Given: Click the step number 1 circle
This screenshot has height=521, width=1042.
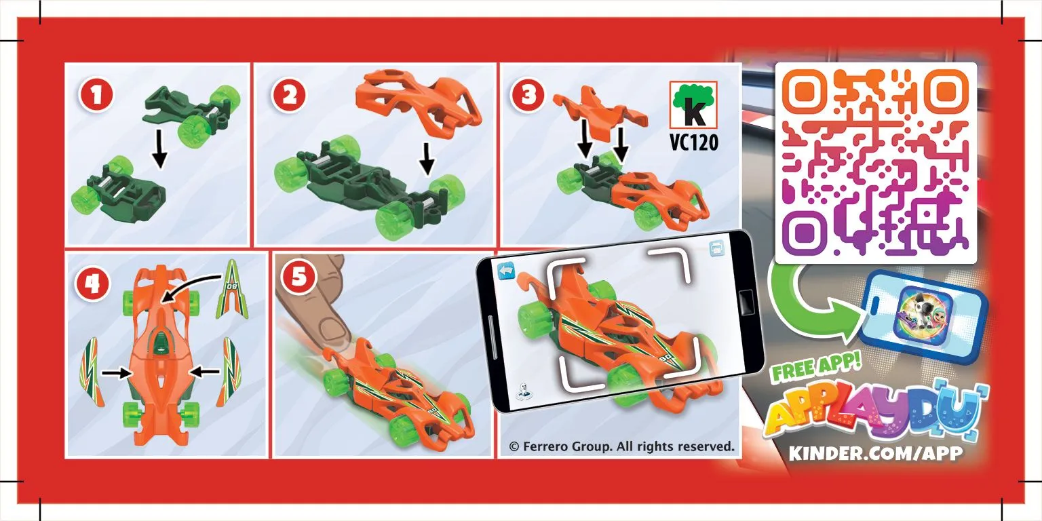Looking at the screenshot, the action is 96,96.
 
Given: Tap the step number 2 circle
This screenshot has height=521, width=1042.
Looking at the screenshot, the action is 289,96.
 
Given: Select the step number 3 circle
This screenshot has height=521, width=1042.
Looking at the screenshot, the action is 528,96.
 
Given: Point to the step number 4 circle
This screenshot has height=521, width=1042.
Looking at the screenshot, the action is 92,284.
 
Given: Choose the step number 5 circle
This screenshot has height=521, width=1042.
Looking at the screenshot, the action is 299,277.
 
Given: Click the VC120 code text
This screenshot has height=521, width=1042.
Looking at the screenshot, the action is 693,142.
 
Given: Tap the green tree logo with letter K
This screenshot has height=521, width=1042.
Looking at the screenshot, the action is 693,104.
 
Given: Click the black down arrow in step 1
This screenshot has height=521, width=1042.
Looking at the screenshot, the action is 159,149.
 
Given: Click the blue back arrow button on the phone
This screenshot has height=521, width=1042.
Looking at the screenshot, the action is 506,270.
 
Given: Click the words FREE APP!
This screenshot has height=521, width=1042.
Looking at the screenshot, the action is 816,366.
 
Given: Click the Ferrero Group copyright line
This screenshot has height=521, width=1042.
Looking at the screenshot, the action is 621,446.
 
